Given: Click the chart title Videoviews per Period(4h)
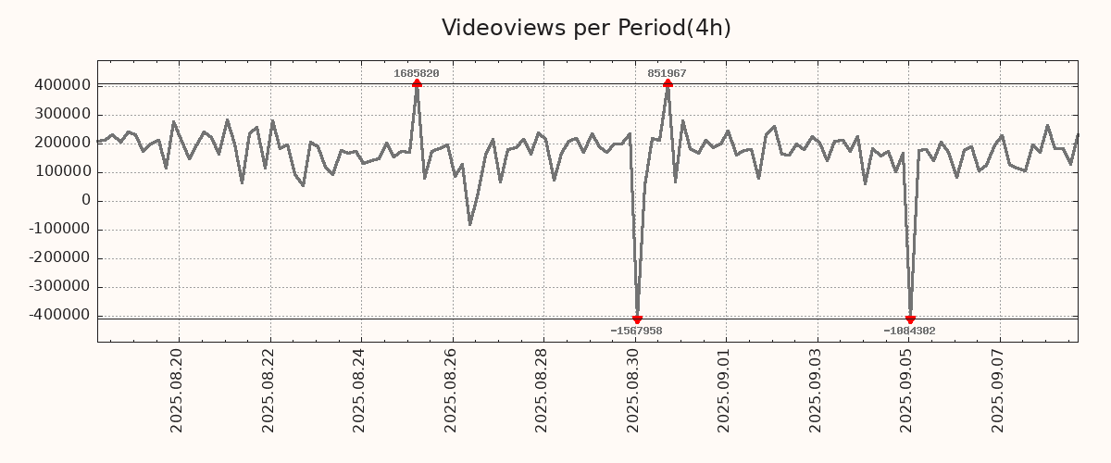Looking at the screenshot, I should (x=586, y=28).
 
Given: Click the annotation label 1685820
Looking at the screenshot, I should (x=417, y=73).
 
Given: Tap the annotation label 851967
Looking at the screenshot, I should (x=667, y=73).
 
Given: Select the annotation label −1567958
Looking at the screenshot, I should (x=636, y=331).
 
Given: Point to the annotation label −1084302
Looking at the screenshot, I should (x=909, y=331).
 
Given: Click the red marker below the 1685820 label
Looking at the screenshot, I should (x=417, y=83).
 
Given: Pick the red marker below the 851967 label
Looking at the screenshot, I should (x=668, y=83).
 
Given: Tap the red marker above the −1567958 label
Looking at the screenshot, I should (x=637, y=319).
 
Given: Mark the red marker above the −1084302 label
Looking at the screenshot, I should (x=910, y=319).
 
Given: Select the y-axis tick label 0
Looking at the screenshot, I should (x=86, y=201).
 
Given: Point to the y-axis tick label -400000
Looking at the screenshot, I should (x=58, y=316).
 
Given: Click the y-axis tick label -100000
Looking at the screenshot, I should (x=58, y=230).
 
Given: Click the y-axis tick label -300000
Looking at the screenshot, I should (x=58, y=287).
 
